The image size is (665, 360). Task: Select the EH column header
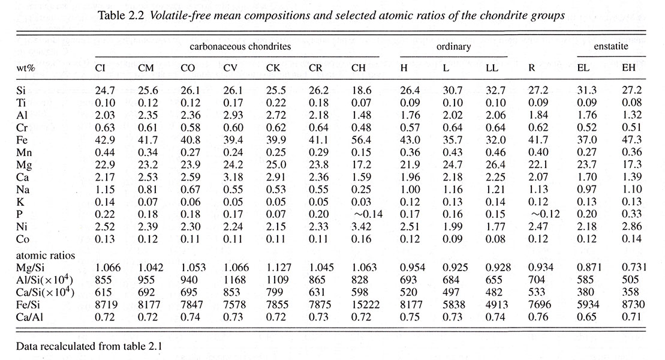[629, 68]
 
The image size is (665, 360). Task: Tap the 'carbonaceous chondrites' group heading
[240, 46]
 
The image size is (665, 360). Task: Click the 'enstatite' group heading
[610, 46]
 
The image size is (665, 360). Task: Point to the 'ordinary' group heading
[453, 47]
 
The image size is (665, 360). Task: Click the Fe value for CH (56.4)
[361, 140]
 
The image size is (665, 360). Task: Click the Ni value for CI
[105, 226]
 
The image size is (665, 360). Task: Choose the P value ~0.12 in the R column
[544, 214]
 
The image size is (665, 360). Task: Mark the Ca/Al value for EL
[587, 317]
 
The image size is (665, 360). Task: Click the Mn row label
[24, 152]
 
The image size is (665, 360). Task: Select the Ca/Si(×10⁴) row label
[45, 292]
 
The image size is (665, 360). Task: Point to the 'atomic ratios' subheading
[46, 255]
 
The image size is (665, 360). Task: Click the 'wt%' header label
[25, 68]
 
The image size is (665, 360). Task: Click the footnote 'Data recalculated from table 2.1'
[89, 346]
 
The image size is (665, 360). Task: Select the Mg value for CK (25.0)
[276, 164]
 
